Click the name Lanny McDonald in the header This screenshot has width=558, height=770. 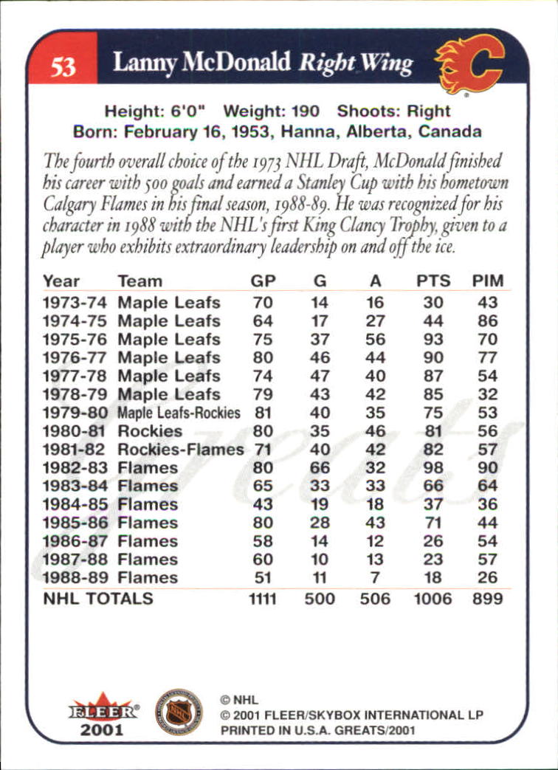click(x=201, y=63)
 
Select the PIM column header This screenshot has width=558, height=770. click(x=487, y=281)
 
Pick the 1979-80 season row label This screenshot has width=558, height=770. click(x=75, y=413)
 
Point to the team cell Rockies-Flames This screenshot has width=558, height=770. click(x=180, y=450)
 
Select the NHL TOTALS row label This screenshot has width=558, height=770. click(x=98, y=598)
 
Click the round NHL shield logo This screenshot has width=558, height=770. click(x=179, y=711)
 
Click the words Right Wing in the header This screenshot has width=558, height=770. click(x=355, y=64)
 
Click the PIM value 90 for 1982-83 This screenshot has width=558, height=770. click(x=487, y=468)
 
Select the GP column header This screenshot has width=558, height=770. click(x=262, y=281)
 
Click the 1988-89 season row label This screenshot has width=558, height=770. click(x=75, y=578)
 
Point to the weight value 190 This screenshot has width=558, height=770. click(x=304, y=111)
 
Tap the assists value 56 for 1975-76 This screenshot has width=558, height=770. click(x=375, y=340)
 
